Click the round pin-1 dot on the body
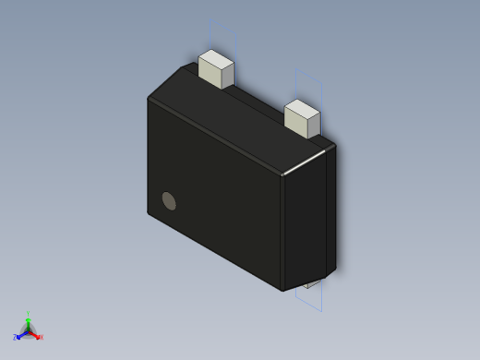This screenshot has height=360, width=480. click(x=169, y=200)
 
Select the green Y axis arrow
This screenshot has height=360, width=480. click(x=28, y=321)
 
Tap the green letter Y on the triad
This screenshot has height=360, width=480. click(x=28, y=314)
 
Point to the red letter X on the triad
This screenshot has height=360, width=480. click(x=41, y=338)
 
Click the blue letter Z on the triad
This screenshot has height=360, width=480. click(x=15, y=338)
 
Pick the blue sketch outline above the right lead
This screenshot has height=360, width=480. click(x=310, y=81)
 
